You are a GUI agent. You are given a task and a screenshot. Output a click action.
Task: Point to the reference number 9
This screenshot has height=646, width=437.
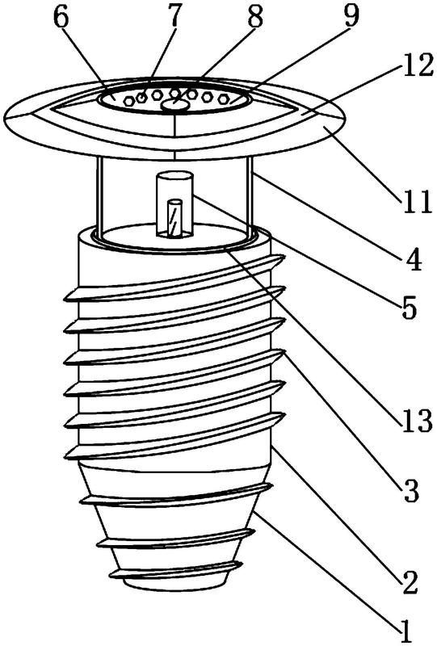point(350,15)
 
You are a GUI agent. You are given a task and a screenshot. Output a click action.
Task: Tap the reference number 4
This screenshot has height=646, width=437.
point(411,258)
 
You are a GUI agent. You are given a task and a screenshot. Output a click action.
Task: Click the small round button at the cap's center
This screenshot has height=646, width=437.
point(175,106)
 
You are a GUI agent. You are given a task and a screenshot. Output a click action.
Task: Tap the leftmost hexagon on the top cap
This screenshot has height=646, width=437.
point(129,100)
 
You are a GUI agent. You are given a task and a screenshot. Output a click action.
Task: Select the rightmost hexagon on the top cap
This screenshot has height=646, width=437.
point(224,99)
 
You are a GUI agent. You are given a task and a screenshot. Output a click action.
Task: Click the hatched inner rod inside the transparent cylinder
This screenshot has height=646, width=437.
point(174,217)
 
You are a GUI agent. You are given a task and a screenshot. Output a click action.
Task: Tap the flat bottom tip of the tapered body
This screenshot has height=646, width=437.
point(176,586)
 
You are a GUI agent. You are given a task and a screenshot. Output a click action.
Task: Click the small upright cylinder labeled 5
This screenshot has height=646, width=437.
point(174,205)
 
